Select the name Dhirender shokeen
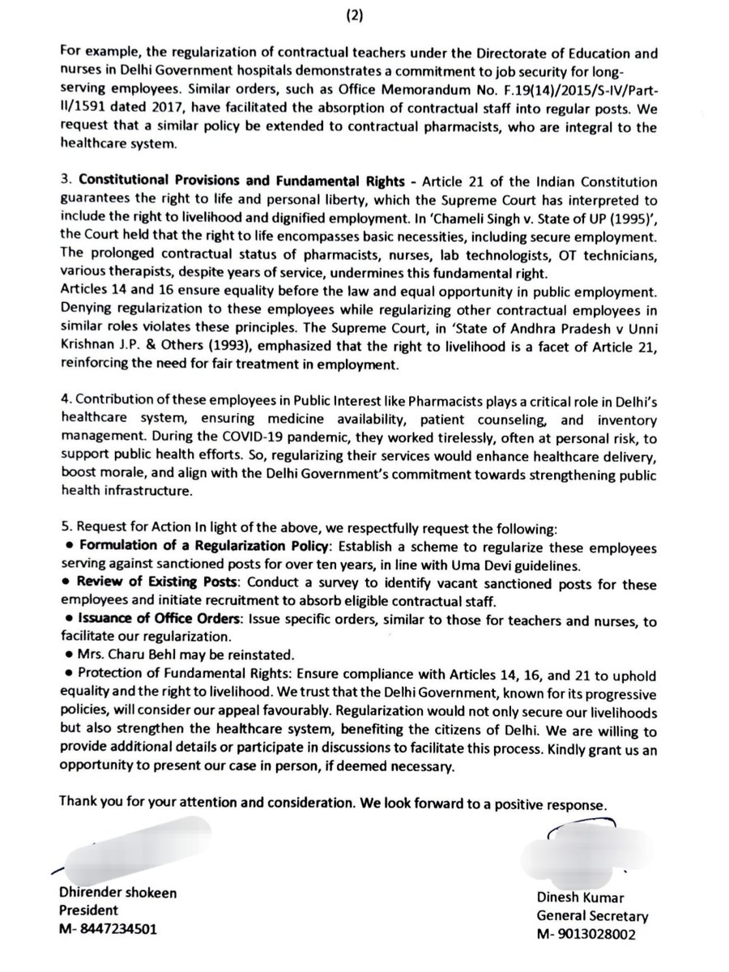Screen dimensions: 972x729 pos(118,893)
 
